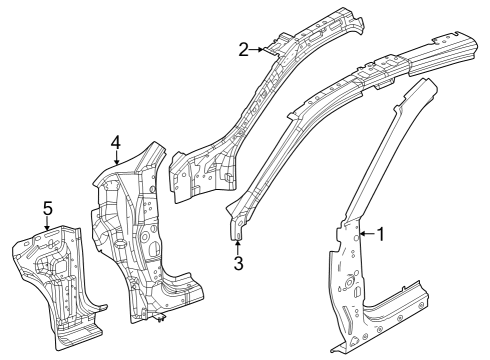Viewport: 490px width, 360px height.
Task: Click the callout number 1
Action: pyautogui.click(x=380, y=234)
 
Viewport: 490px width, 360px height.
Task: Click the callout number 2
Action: pyautogui.click(x=243, y=47)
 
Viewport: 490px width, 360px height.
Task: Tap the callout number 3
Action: pyautogui.click(x=238, y=263)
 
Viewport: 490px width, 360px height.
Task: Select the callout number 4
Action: pyautogui.click(x=116, y=142)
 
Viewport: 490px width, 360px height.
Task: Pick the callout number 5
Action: pyautogui.click(x=47, y=208)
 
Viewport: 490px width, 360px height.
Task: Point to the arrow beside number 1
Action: pyautogui.click(x=365, y=234)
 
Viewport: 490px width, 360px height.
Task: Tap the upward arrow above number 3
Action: pyautogui.click(x=238, y=246)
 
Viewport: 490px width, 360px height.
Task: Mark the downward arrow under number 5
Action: pyautogui.click(x=47, y=225)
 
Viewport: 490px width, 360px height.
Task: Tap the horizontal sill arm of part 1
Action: pyautogui.click(x=400, y=300)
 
